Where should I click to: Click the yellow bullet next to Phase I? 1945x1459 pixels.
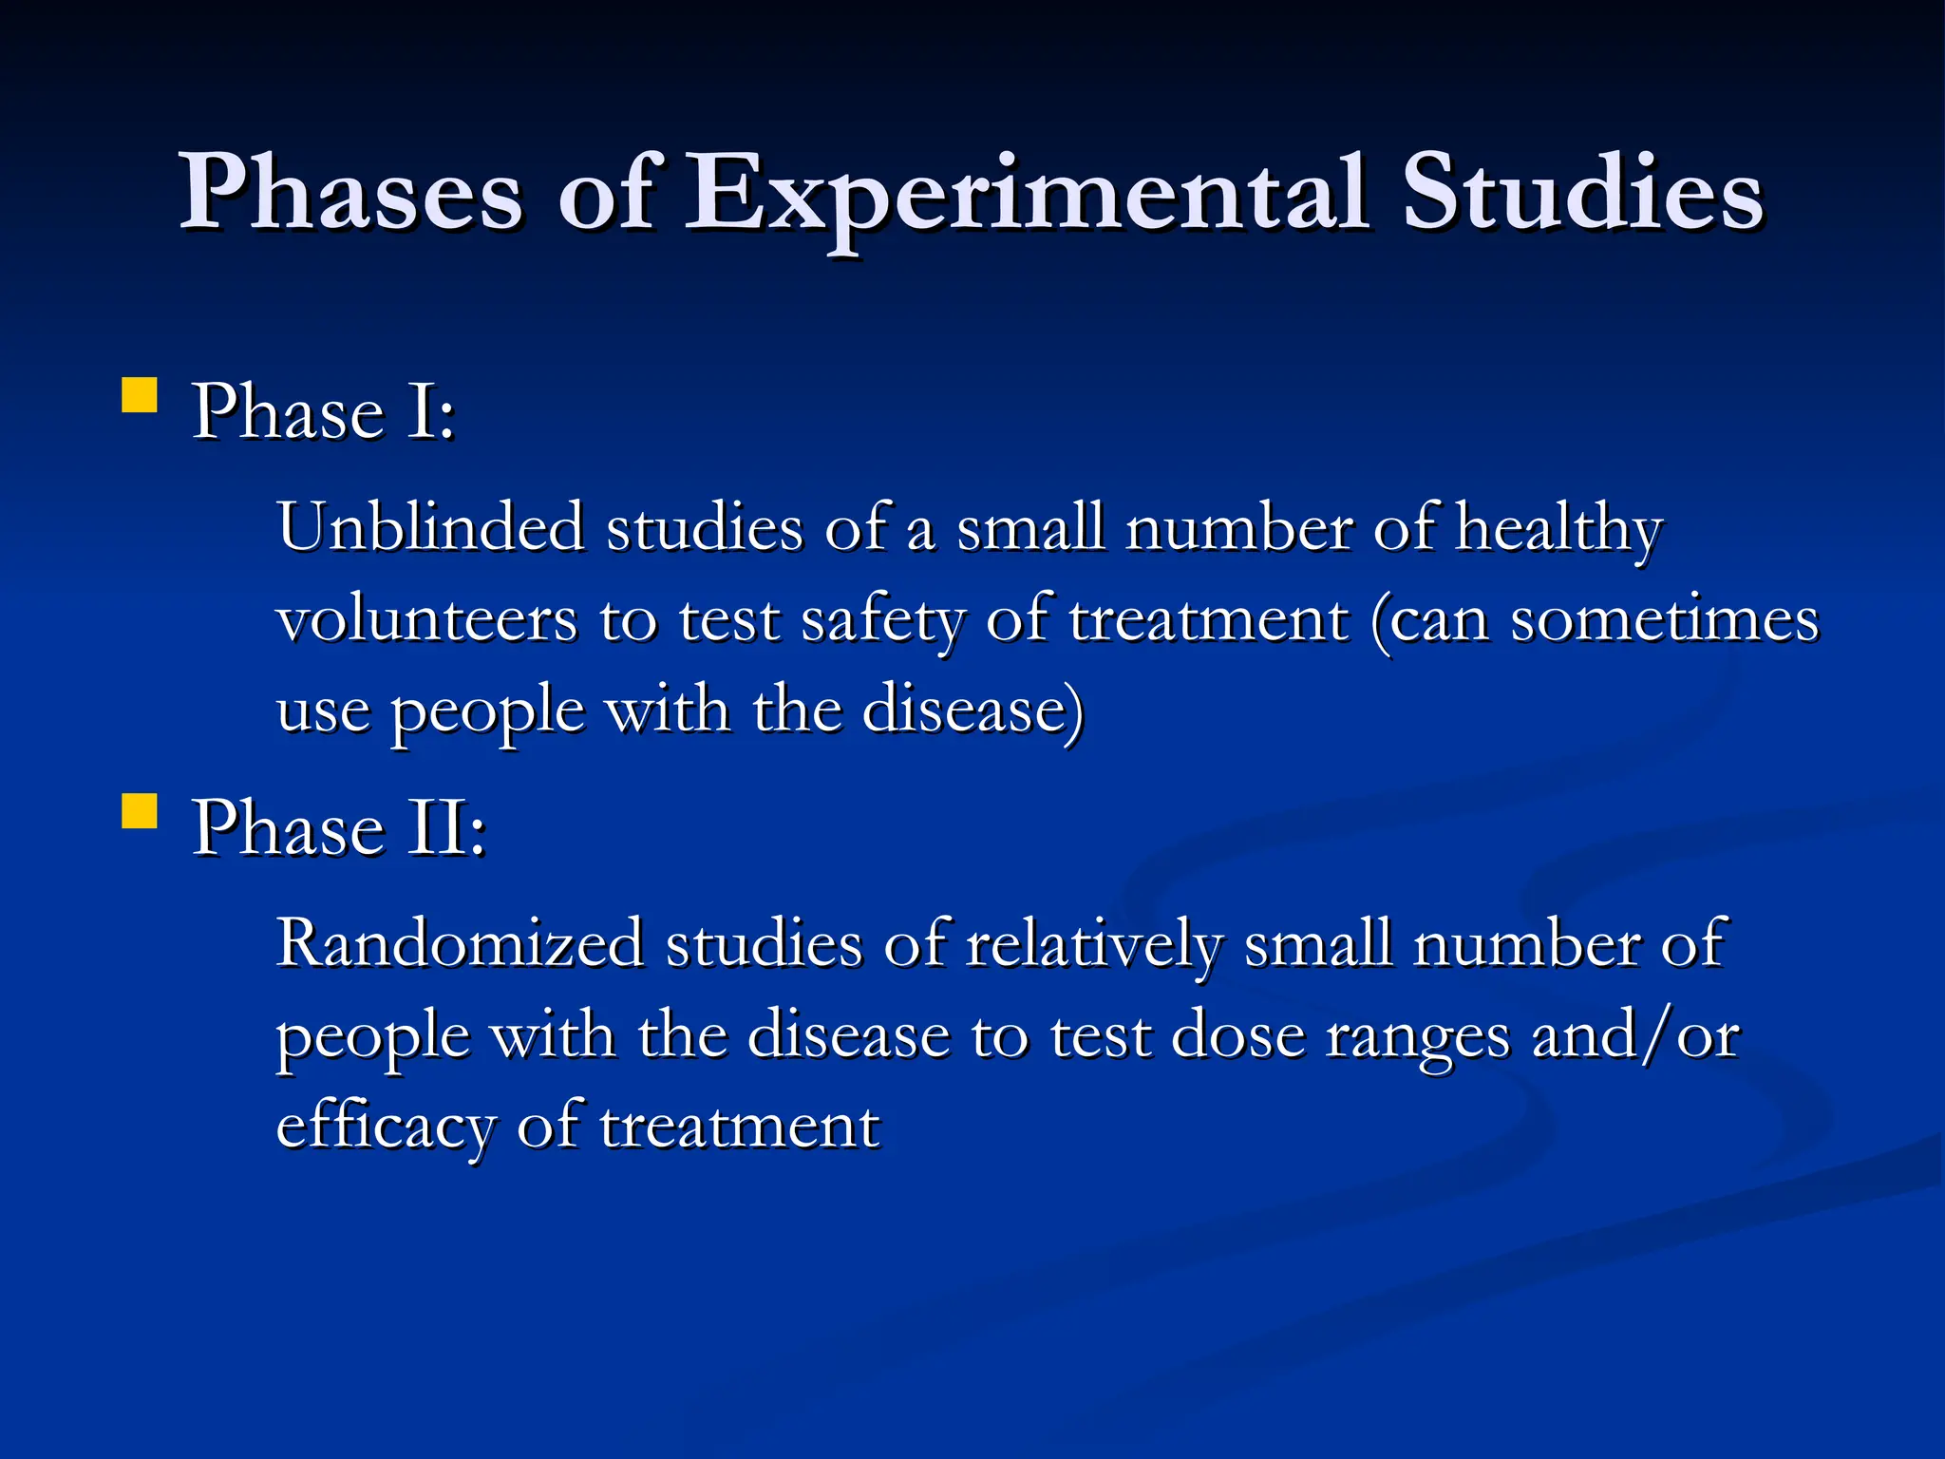tap(140, 396)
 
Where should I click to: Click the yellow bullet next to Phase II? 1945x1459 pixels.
tap(140, 812)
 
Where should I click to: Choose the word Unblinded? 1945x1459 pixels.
tap(430, 527)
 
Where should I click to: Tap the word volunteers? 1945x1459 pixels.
tap(426, 619)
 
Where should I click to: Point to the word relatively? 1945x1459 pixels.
tap(1094, 945)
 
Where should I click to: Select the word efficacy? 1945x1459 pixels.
tap(386, 1127)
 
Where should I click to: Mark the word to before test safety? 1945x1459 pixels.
tap(628, 619)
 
